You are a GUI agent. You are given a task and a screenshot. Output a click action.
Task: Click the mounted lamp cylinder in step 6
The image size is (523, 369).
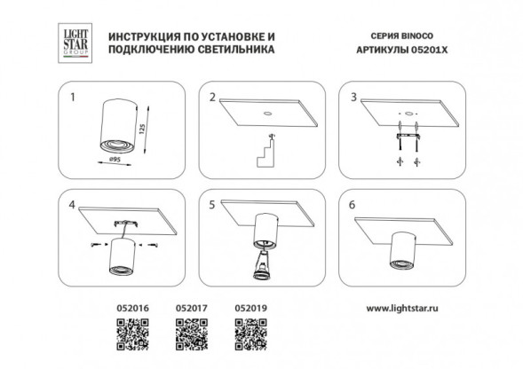tap(402, 251)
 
